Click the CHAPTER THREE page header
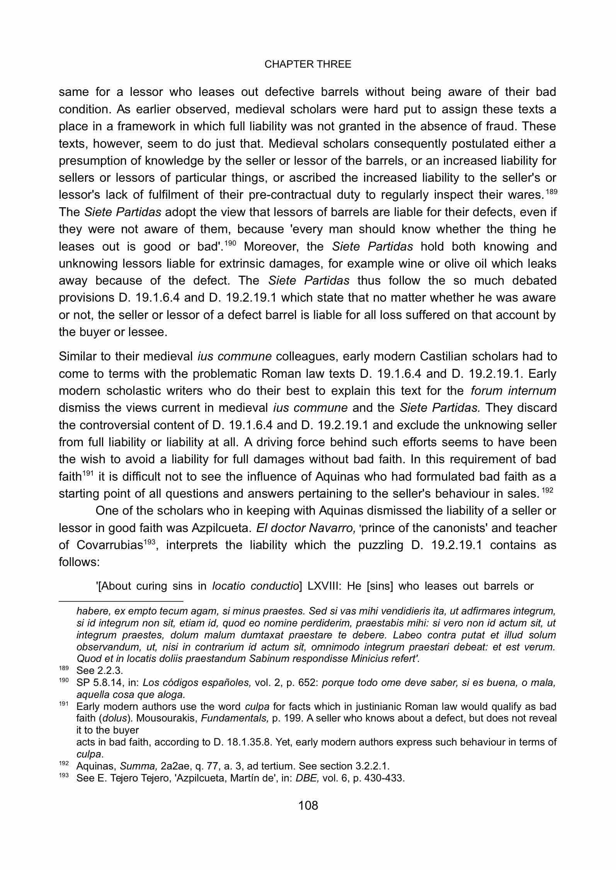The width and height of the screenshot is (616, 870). point(308,64)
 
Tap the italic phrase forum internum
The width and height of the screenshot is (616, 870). point(513,391)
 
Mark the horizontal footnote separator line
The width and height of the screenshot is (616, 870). point(121,601)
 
